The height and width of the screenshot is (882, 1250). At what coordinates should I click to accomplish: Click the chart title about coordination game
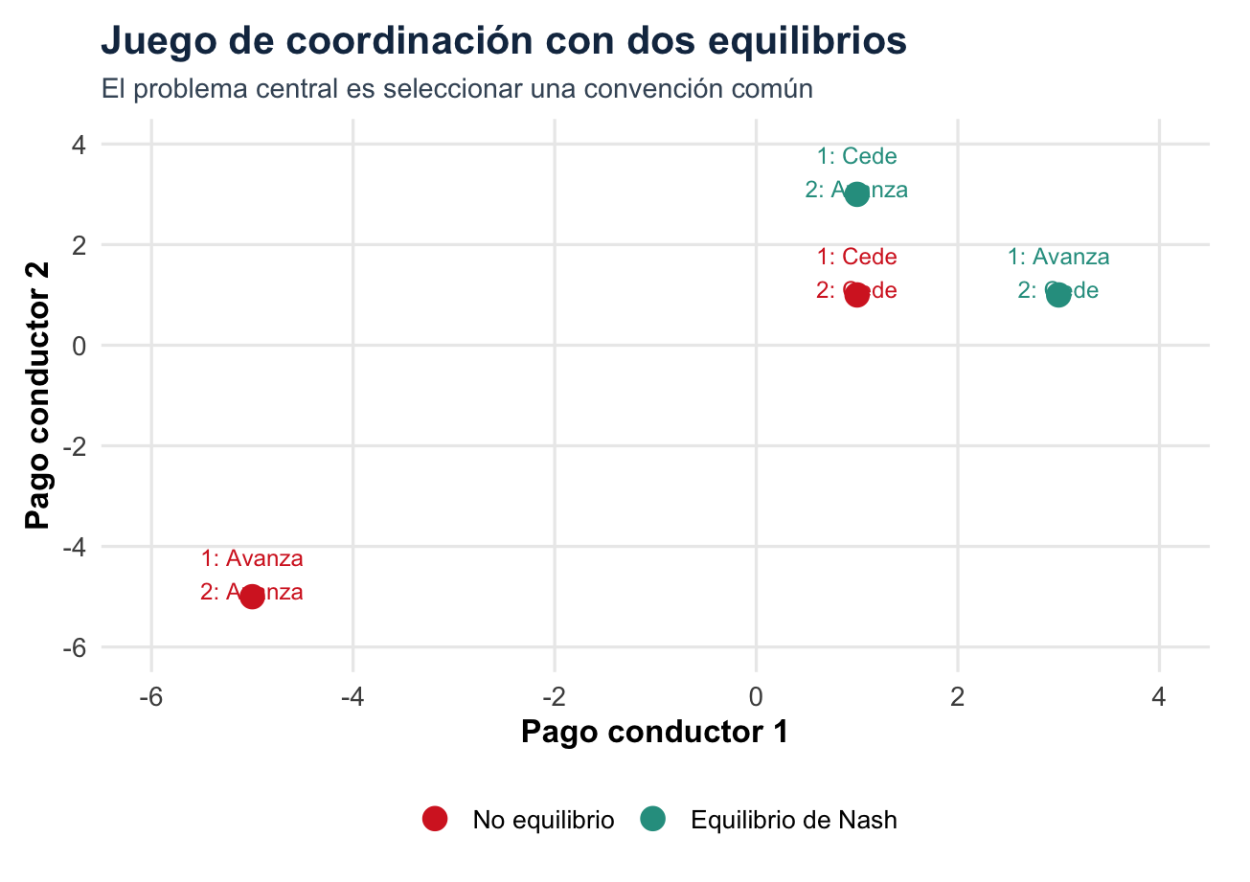click(x=504, y=41)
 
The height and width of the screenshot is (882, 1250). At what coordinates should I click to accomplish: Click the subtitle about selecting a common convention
click(x=457, y=89)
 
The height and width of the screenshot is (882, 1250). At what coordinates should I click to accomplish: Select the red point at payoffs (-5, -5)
click(x=252, y=597)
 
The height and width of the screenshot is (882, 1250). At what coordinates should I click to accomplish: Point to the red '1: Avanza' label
click(x=252, y=559)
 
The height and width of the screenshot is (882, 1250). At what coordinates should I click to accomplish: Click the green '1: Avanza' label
click(x=1058, y=258)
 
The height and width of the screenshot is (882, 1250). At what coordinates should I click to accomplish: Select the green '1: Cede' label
click(x=857, y=157)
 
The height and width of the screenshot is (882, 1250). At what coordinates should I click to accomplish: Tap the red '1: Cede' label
click(x=857, y=258)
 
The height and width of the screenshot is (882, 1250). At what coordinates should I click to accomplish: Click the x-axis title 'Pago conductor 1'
click(x=655, y=733)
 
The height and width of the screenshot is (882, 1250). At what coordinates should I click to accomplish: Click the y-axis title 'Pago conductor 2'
click(x=38, y=396)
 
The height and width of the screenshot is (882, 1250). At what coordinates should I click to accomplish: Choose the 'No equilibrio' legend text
click(x=543, y=821)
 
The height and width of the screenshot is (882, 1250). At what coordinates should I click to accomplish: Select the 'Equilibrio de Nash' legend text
click(x=794, y=821)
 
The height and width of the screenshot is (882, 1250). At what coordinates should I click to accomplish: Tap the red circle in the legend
click(x=435, y=820)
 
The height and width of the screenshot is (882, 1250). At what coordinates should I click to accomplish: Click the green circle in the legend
click(x=653, y=820)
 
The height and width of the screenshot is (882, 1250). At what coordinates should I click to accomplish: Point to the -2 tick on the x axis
click(x=555, y=696)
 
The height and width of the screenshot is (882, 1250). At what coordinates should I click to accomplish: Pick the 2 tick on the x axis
click(x=958, y=696)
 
